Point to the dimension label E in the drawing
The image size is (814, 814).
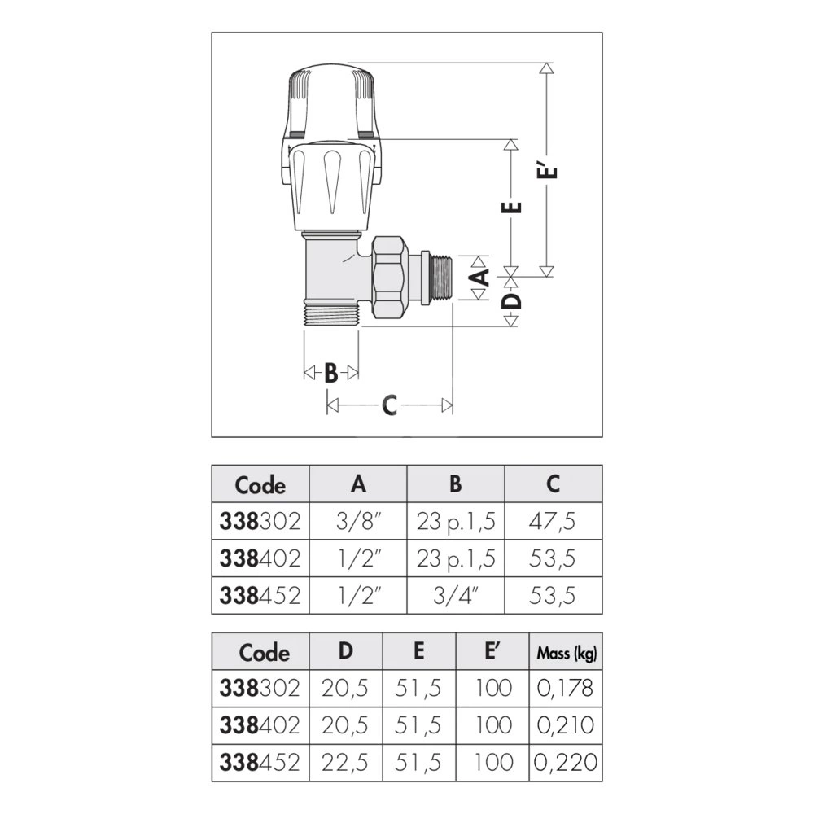[x=511, y=207]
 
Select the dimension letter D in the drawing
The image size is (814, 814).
[x=512, y=301]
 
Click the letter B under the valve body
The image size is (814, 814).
[x=330, y=373]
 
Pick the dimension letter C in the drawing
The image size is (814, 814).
[x=389, y=405]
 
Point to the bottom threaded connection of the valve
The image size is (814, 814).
[x=330, y=314]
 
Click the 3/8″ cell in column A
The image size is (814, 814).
[x=358, y=521]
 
